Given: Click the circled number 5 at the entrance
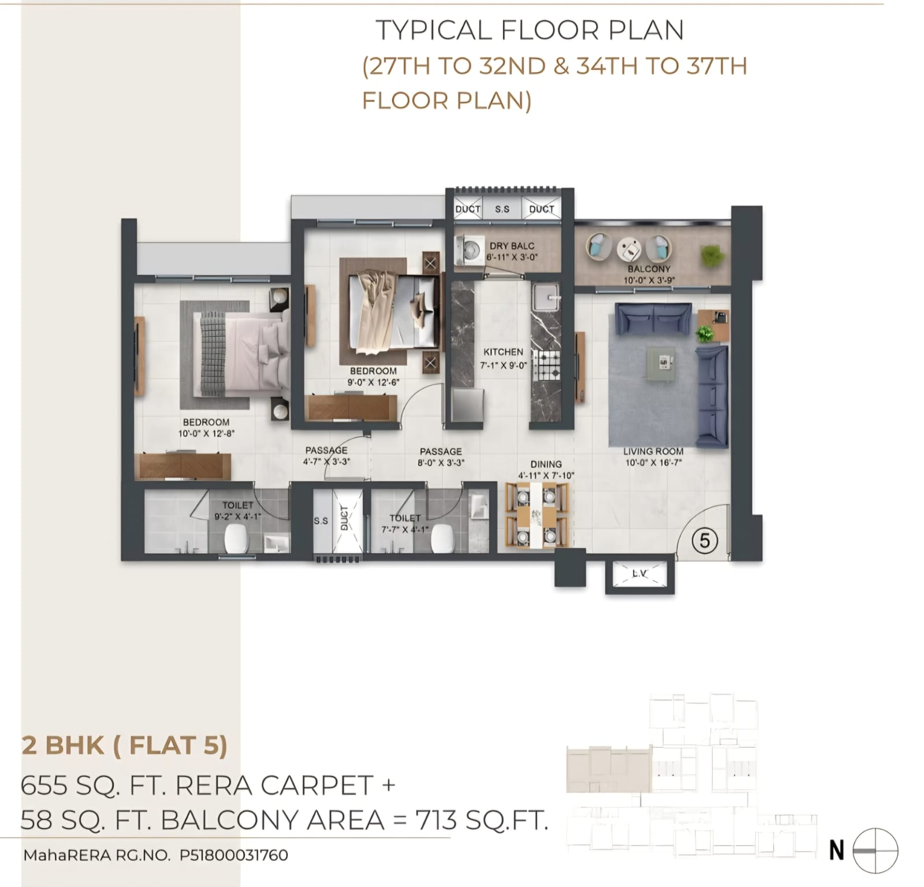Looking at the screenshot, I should pyautogui.click(x=704, y=541).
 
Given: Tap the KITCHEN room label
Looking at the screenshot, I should pyautogui.click(x=503, y=352).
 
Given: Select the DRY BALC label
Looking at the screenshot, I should pyautogui.click(x=512, y=245).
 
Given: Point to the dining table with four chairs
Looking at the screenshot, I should pyautogui.click(x=536, y=515).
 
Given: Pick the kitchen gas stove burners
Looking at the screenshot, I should pyautogui.click(x=546, y=365).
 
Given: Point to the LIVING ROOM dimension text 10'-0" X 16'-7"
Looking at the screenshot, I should pyautogui.click(x=653, y=463).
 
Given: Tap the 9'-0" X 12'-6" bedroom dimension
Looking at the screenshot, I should pyautogui.click(x=373, y=382).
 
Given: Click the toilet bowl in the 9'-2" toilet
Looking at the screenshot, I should pyautogui.click(x=236, y=539).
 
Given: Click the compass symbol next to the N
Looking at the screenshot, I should pyautogui.click(x=875, y=851).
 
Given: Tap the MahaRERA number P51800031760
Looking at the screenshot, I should pyautogui.click(x=234, y=855).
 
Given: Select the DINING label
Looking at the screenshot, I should pyautogui.click(x=546, y=464).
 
